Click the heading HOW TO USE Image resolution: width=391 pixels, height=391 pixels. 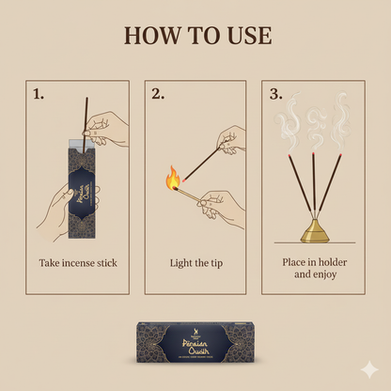click(x=195, y=36)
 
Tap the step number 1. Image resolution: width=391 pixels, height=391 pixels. click(x=39, y=94)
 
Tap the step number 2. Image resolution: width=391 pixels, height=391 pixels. click(x=158, y=94)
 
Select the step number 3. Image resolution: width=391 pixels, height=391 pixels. click(x=275, y=94)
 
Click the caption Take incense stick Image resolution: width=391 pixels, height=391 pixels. click(x=77, y=263)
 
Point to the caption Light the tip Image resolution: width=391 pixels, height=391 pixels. click(x=195, y=263)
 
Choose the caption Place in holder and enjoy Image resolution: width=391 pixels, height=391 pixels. click(x=313, y=269)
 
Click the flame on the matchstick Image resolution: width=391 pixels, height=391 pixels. click(x=172, y=177)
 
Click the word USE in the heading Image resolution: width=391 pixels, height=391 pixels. click(x=245, y=36)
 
